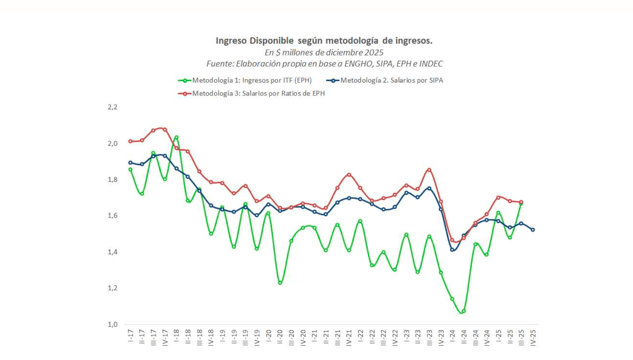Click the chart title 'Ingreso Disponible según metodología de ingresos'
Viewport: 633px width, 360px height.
tap(324, 41)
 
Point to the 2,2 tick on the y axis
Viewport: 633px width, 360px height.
tap(113, 107)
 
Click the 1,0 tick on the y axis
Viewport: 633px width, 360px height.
tap(113, 324)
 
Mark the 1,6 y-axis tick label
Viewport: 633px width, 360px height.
tap(113, 216)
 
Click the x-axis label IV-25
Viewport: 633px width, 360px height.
tap(533, 337)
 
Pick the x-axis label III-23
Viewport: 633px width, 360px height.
tap(429, 337)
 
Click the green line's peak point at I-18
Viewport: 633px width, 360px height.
tap(176, 137)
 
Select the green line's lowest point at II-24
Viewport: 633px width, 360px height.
tap(464, 311)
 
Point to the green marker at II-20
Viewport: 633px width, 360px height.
tap(280, 283)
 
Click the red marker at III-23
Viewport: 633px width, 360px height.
tap(429, 170)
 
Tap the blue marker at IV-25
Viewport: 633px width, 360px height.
tap(533, 230)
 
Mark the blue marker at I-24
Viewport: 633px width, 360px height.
tap(452, 250)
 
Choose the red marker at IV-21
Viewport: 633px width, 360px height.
tap(349, 175)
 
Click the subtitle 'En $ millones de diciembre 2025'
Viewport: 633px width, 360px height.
tap(324, 53)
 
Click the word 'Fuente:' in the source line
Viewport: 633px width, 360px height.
tap(220, 64)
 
